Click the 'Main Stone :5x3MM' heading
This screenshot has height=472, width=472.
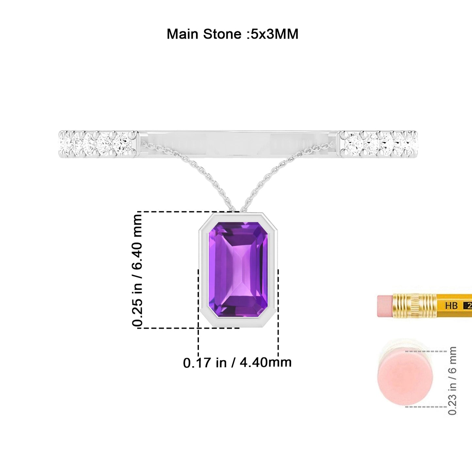click(233, 34)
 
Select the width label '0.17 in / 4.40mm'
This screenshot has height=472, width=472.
click(237, 363)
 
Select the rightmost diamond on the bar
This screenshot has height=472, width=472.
click(412, 144)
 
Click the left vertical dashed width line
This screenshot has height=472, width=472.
click(198, 313)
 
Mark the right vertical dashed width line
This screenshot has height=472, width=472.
click(278, 313)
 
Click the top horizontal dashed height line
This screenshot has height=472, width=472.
click(188, 211)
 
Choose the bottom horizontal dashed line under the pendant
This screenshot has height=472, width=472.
click(188, 328)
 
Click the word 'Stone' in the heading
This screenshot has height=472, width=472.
click(222, 34)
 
